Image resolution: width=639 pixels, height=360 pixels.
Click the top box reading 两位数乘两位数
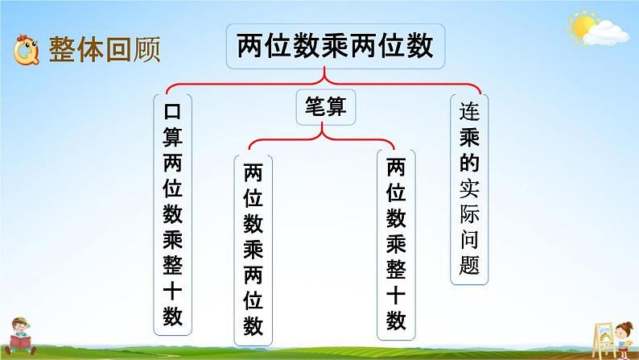(335, 45)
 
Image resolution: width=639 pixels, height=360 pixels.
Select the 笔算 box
(325, 106)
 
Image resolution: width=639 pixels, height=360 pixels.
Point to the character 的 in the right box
(469, 163)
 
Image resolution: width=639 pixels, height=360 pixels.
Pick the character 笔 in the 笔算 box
(313, 106)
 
